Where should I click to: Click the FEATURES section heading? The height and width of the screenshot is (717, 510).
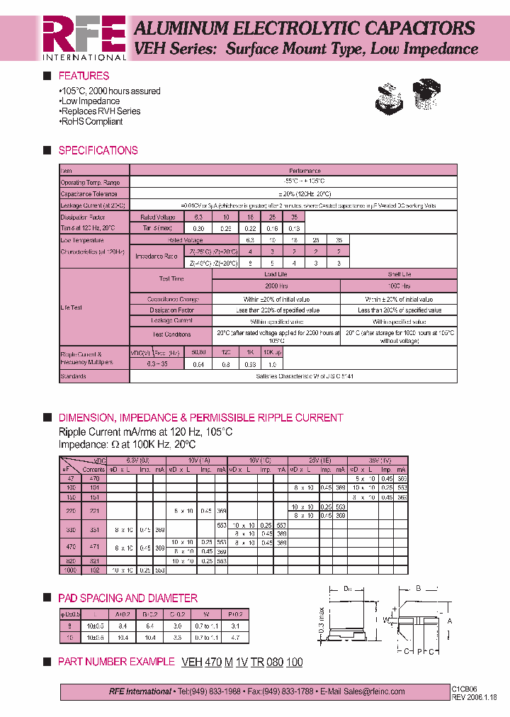84,76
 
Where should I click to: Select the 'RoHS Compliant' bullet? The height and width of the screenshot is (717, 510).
91,121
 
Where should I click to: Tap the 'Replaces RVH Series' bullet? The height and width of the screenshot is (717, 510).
100,111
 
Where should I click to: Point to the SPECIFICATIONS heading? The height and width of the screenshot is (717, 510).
98,150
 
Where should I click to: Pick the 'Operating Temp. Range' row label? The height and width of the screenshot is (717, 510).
90,182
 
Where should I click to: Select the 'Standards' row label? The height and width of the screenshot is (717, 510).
73,376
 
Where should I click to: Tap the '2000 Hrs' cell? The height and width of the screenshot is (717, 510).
276,286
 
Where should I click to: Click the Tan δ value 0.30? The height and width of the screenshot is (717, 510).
198,228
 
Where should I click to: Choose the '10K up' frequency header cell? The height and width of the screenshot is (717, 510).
272,352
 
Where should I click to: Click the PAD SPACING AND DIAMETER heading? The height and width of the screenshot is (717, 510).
127,598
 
